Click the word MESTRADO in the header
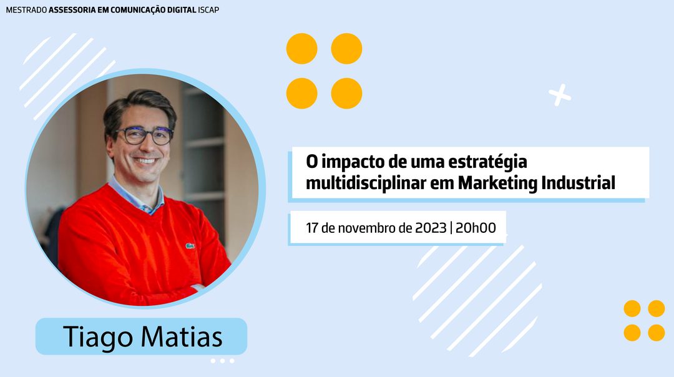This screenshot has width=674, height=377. (26, 10)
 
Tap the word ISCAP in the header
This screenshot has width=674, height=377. (208, 10)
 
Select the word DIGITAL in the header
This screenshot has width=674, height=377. (182, 10)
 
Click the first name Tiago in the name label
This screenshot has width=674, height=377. (95, 337)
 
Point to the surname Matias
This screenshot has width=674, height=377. (180, 336)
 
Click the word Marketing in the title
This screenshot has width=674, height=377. (497, 183)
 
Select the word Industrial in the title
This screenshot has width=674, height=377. (578, 182)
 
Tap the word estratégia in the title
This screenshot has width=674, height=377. (487, 162)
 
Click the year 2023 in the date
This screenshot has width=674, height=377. (431, 228)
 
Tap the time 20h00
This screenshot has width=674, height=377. (476, 228)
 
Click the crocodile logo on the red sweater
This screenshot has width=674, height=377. (190, 246)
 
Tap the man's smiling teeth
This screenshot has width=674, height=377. (145, 161)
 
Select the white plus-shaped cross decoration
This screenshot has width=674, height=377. (560, 95)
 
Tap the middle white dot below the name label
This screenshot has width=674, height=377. (222, 361)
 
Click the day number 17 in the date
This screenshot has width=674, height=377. (311, 228)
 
